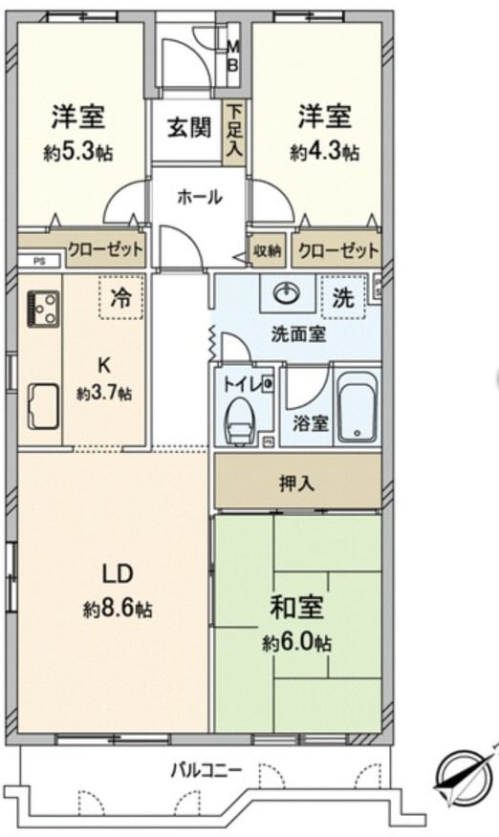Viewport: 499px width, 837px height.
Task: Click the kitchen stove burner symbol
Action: (x=43, y=309)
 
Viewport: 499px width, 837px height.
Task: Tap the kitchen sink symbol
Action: (x=43, y=406)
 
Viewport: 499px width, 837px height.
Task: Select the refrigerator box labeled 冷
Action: (x=121, y=297)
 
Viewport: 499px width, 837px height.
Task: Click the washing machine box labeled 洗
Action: (x=343, y=296)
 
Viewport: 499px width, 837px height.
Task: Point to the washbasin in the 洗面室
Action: (x=287, y=293)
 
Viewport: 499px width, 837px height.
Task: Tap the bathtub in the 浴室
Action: (x=358, y=407)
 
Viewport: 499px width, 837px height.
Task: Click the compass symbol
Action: (x=464, y=777)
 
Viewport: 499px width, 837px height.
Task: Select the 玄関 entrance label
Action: (x=189, y=128)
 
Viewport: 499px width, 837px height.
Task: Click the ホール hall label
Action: (x=199, y=198)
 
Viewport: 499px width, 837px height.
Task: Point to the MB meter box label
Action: (x=233, y=55)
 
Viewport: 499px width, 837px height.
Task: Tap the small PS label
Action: (x=39, y=261)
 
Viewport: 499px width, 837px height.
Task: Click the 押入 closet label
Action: (x=296, y=483)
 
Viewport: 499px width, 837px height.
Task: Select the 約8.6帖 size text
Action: (x=118, y=608)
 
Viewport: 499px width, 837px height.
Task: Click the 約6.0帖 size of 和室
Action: (x=296, y=643)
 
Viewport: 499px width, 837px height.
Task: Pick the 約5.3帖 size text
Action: (x=78, y=153)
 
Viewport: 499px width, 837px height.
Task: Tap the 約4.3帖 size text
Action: (x=324, y=153)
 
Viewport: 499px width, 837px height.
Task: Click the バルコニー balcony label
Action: (x=206, y=771)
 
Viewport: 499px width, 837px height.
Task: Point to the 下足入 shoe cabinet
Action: (x=233, y=131)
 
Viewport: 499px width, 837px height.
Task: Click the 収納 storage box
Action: (x=267, y=251)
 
